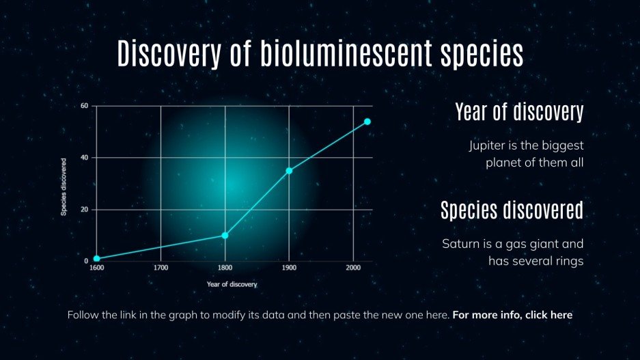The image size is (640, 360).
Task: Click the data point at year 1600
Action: coord(97,259)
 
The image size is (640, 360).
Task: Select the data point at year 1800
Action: coord(225,236)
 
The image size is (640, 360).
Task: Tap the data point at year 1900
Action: coord(289,171)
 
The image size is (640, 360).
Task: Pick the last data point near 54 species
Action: coord(367,122)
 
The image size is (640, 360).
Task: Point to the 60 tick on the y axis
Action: coord(85,106)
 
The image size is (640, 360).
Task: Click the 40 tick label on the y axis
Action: coord(85,158)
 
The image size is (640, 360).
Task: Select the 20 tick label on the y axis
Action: coord(85,210)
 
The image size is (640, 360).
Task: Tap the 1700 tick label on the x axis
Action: coord(161,268)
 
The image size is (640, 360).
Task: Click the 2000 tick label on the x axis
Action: coord(352,268)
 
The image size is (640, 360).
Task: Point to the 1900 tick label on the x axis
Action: coord(289,268)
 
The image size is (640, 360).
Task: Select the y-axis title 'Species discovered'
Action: coord(64,187)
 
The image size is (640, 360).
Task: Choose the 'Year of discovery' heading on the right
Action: coord(519,112)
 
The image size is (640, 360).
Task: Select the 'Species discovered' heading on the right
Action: coord(512,210)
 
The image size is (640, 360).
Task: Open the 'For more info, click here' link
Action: coord(512,315)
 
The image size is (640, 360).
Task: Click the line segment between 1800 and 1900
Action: coord(257,204)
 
